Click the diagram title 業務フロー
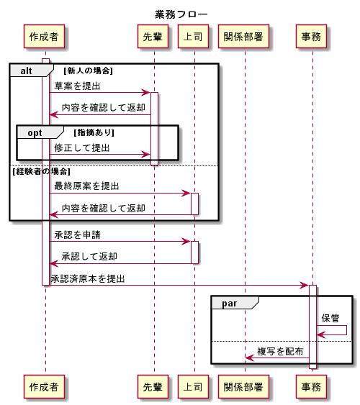pos(181,14)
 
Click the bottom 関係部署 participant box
pos(245,386)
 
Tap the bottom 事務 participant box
pos(312,386)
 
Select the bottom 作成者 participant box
pos(45,386)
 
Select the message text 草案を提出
pos(77,86)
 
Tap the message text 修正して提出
pos(82,147)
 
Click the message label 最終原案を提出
pos(86,186)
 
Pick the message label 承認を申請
pos(77,235)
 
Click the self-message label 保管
pos(330,318)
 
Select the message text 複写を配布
pos(280,351)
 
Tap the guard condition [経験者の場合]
pos(41,171)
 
